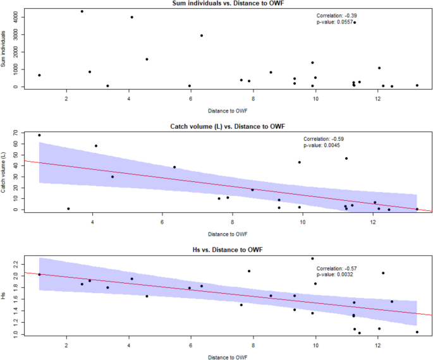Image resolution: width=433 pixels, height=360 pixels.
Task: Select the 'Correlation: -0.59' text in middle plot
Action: click(324, 138)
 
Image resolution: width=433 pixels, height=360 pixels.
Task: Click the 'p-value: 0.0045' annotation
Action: click(322, 145)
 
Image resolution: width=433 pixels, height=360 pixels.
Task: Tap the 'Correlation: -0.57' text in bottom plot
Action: click(338, 268)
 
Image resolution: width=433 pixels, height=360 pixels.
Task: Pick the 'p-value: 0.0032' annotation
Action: click(336, 275)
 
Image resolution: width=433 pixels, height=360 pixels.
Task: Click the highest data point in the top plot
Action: click(82, 11)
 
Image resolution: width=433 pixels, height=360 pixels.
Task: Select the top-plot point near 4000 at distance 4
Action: click(131, 17)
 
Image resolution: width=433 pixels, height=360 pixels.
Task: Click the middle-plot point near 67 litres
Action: click(39, 135)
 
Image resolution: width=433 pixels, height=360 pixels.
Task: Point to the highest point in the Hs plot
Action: click(312, 258)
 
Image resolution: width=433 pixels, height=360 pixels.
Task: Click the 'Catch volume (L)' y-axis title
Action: click(5, 172)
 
